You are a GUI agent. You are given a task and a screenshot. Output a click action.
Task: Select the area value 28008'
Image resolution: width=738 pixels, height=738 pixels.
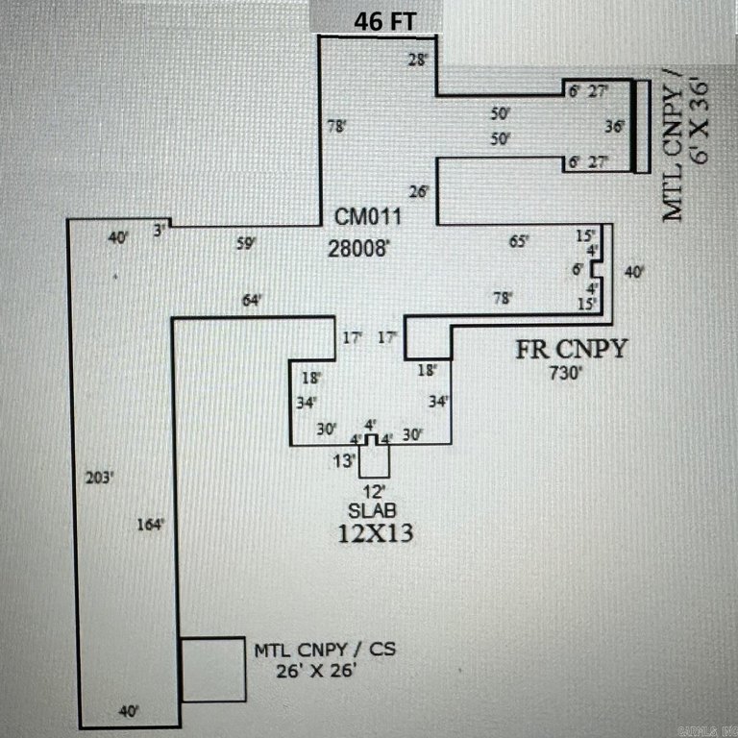(x=360, y=246)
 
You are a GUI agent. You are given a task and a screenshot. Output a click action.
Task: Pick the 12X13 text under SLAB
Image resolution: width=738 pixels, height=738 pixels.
(x=376, y=533)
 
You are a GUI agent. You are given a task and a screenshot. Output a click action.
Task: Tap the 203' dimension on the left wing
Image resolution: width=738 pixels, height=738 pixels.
(x=100, y=476)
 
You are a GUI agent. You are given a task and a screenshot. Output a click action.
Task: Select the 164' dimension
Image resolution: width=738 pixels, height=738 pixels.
(x=151, y=524)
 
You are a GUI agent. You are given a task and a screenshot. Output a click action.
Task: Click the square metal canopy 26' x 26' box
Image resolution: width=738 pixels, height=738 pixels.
(x=212, y=670)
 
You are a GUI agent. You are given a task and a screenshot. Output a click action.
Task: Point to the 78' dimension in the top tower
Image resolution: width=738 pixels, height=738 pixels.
(x=336, y=126)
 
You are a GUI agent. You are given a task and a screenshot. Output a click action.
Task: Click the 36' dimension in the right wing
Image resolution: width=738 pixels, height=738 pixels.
(x=615, y=126)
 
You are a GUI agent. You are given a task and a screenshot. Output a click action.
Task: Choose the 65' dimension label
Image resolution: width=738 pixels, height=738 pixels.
(x=519, y=242)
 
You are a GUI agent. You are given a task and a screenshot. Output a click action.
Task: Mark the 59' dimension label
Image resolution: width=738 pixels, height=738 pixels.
(x=246, y=244)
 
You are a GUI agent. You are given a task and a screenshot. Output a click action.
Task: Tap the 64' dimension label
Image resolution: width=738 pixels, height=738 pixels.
(x=252, y=302)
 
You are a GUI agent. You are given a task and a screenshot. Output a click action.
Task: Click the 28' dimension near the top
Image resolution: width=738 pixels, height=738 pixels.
(x=417, y=59)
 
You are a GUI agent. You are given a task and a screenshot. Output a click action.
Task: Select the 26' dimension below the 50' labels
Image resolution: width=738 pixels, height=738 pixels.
(x=419, y=191)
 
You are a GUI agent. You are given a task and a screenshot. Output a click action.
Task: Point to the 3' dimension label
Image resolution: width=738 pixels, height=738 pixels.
(x=161, y=230)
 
